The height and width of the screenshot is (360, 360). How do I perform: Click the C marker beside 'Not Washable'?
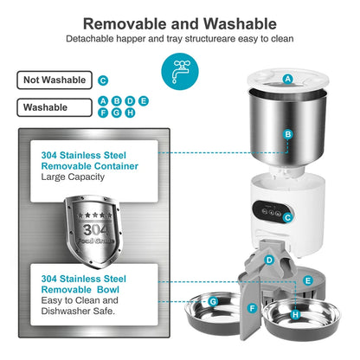(103, 80)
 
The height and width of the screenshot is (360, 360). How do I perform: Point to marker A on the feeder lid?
(287, 79)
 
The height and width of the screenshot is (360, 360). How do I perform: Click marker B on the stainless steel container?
(287, 135)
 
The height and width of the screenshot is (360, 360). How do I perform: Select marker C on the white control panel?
(286, 218)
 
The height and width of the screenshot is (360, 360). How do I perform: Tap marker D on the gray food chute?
(269, 260)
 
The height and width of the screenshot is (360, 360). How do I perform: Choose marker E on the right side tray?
(308, 280)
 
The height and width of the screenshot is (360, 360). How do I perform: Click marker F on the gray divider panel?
(252, 308)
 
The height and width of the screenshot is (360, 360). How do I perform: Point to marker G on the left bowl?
(212, 301)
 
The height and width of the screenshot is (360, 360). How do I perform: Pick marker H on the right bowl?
(295, 315)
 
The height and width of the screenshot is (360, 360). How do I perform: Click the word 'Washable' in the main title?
(237, 23)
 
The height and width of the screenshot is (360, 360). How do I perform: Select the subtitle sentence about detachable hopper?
(180, 39)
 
